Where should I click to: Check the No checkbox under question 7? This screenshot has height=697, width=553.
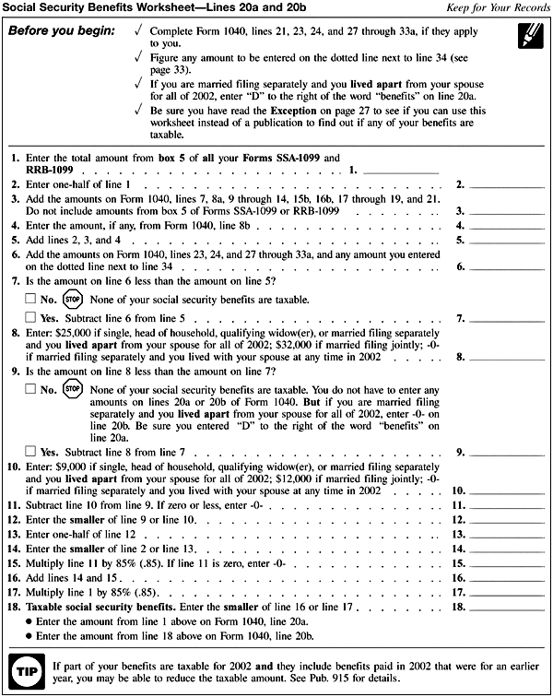30,299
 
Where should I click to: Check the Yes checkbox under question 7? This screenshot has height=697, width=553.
30,318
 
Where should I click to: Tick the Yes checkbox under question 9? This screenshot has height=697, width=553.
30,452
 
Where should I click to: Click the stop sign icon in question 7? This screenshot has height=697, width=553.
74,299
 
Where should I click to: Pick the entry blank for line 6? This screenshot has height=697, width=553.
507,267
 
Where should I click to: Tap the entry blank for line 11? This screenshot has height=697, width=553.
507,506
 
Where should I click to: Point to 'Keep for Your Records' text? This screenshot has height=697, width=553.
498,8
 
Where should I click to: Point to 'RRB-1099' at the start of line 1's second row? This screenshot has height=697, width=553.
49,171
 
